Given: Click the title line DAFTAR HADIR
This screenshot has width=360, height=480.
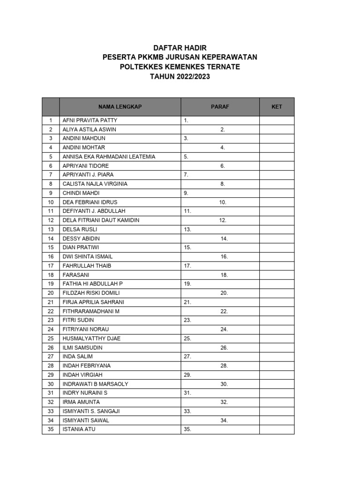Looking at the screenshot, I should tap(180, 48).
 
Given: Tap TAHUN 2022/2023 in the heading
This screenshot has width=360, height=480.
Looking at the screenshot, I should tap(180, 76).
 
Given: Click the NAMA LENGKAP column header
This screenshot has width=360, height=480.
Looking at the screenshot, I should tap(120, 107).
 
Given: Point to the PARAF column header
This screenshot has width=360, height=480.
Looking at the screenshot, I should tap(220, 107).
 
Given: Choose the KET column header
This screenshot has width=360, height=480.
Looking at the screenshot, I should tap(277, 107).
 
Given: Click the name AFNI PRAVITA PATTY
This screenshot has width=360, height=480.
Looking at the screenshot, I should tap(90, 120).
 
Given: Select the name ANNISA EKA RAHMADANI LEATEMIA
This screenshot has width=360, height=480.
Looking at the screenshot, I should tap(109, 157).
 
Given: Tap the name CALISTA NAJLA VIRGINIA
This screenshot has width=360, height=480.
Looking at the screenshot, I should tap(95, 184).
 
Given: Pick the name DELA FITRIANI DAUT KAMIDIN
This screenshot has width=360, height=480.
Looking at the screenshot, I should tap(101, 220).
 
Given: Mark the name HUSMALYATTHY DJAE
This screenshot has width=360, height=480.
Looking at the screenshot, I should tap(91, 338).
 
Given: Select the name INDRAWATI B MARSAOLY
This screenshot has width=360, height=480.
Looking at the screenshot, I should tap(95, 384).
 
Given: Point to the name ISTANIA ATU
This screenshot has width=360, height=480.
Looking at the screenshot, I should tap(79, 429).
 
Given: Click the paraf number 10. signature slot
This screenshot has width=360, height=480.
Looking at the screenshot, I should tap(223, 202).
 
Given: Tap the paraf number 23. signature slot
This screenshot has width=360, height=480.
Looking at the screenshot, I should tap(187, 320).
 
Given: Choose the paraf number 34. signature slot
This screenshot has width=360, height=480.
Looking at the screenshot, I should tap(224, 420).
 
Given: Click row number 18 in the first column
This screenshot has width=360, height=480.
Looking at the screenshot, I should tap(51, 275).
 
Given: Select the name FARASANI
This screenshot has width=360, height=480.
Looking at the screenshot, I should tap(76, 275).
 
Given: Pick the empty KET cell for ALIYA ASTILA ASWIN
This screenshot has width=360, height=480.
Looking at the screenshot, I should tap(277, 129).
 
